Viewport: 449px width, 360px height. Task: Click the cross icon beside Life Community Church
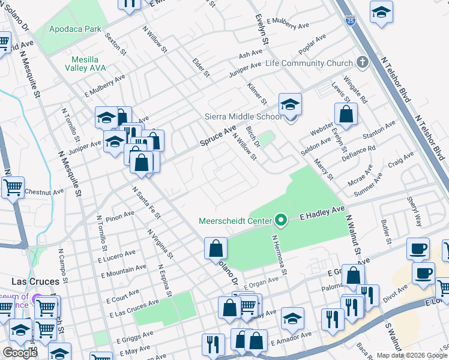pos(361,62)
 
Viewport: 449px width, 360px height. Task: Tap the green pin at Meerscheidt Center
pos(280,221)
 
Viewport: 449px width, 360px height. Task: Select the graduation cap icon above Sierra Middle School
pos(290,104)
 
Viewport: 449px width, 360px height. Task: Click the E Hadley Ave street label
pos(322,212)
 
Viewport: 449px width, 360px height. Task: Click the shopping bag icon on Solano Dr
pos(215,248)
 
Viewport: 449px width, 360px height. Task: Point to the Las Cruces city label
pos(35,281)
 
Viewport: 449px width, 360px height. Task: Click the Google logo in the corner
pos(20,353)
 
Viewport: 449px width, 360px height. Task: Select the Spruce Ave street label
pos(218,137)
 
